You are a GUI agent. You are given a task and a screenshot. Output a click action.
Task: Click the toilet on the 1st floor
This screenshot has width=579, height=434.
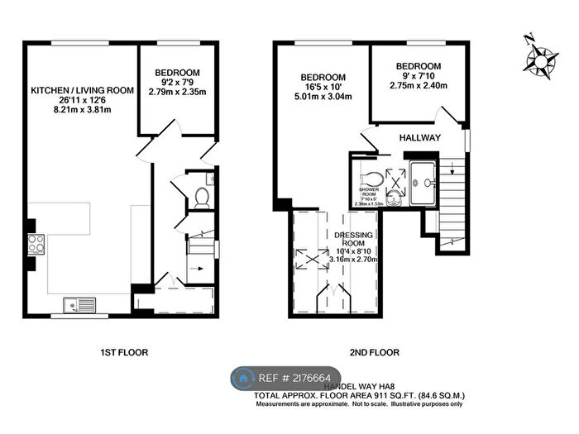201,196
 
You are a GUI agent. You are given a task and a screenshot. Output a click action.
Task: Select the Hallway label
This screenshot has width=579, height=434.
419,137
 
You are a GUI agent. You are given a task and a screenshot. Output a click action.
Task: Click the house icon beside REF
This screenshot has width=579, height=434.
244,379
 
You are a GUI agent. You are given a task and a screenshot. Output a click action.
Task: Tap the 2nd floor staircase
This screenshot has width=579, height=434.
452,203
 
